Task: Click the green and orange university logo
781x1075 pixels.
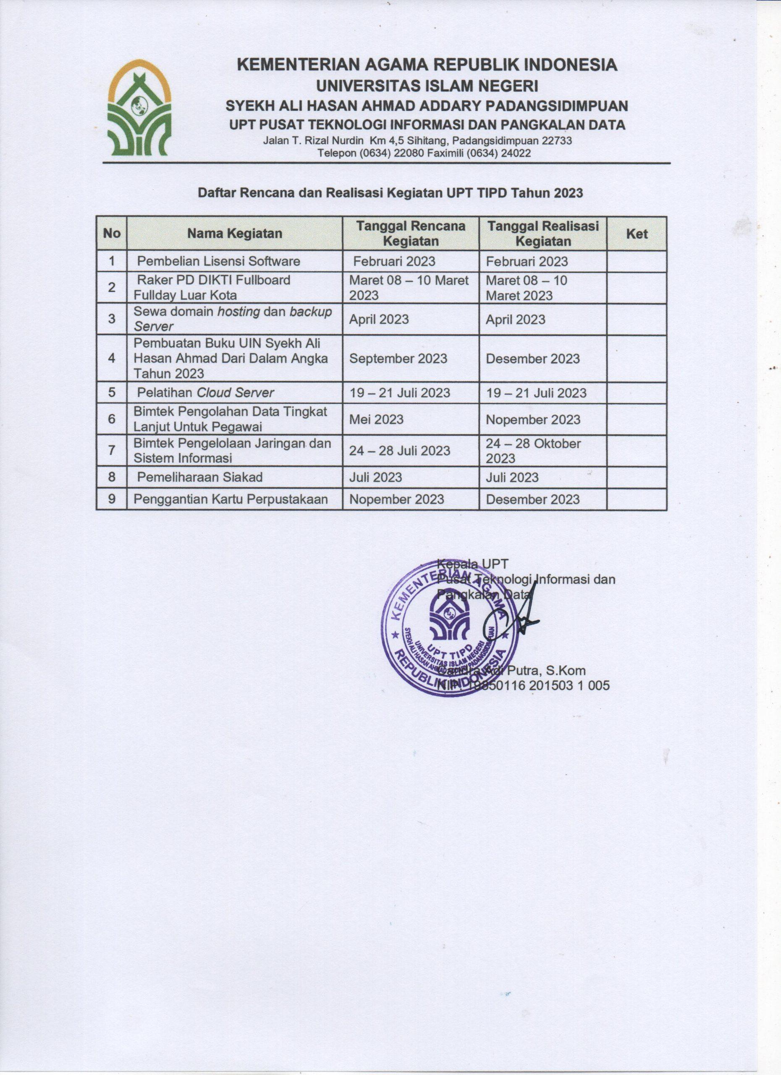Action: coord(138,108)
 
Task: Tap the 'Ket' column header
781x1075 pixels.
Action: coord(637,233)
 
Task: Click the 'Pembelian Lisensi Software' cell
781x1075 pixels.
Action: coord(218,261)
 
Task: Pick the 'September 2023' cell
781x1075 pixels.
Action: coord(398,358)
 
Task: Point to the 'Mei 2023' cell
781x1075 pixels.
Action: coord(376,419)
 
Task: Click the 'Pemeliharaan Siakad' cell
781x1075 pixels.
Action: coord(199,477)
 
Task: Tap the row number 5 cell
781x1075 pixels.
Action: coord(111,393)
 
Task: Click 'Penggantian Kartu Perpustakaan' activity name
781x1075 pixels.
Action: coord(231,499)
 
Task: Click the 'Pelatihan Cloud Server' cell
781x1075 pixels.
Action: coord(206,393)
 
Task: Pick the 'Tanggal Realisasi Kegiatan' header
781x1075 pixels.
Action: coord(543,233)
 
